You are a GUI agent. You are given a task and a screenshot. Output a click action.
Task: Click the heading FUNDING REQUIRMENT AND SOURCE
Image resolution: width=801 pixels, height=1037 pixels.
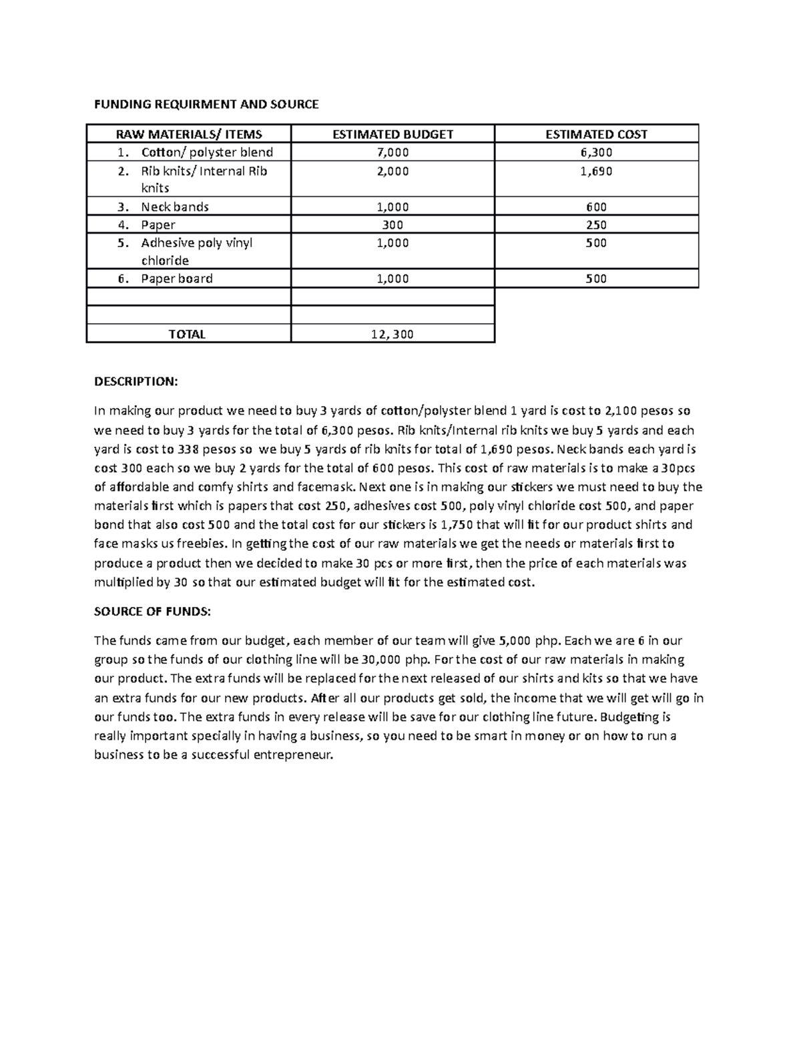[x=206, y=104]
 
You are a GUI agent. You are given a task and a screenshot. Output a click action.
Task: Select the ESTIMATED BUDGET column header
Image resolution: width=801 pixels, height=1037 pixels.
[x=392, y=134]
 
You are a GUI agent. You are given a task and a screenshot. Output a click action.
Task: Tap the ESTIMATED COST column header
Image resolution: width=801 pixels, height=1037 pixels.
[x=596, y=134]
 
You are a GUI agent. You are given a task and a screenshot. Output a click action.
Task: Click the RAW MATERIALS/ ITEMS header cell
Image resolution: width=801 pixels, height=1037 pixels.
[x=189, y=134]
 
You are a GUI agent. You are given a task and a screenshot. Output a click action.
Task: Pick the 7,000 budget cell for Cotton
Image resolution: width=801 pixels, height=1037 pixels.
[x=392, y=152]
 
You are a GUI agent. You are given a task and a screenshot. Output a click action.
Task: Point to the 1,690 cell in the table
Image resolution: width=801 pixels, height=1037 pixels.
[x=596, y=171]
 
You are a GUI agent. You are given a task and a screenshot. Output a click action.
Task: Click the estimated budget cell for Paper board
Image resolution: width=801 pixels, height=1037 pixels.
[x=392, y=279]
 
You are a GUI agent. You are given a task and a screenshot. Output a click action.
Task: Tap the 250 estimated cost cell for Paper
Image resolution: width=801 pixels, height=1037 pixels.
[x=596, y=225]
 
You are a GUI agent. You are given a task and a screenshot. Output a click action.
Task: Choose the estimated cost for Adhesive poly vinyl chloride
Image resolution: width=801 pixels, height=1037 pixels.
[x=596, y=243]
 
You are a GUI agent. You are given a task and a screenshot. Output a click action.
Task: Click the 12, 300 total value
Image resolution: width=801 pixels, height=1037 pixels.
[x=392, y=335]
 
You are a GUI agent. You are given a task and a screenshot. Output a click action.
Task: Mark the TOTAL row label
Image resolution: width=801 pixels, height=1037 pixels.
[x=187, y=335]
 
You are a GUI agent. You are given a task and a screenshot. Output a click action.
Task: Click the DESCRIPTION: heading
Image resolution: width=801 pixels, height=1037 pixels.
[x=136, y=381]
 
